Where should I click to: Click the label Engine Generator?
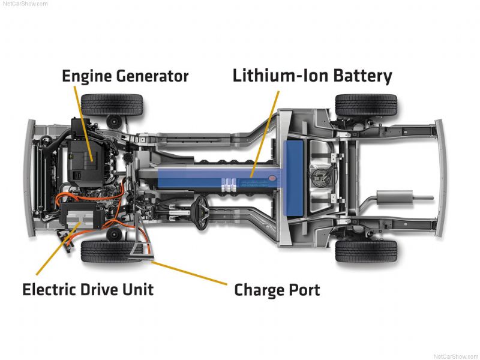[125, 76]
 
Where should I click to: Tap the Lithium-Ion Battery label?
[312, 76]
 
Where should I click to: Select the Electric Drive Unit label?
[88, 289]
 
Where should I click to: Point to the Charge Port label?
[277, 290]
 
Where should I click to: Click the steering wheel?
[201, 212]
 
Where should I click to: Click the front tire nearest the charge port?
[112, 251]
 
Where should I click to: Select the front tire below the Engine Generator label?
[112, 104]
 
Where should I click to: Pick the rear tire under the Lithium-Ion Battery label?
[366, 104]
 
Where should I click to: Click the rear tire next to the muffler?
[366, 251]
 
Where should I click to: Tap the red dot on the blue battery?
[272, 178]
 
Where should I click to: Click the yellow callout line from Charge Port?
[190, 273]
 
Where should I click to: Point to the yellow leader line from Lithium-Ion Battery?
[265, 134]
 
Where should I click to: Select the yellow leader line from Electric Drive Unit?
[58, 248]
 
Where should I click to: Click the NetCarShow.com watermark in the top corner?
[25, 4]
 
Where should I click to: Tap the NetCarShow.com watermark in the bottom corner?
[455, 356]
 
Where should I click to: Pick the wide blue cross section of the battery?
[293, 178]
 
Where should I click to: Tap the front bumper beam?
[30, 178]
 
